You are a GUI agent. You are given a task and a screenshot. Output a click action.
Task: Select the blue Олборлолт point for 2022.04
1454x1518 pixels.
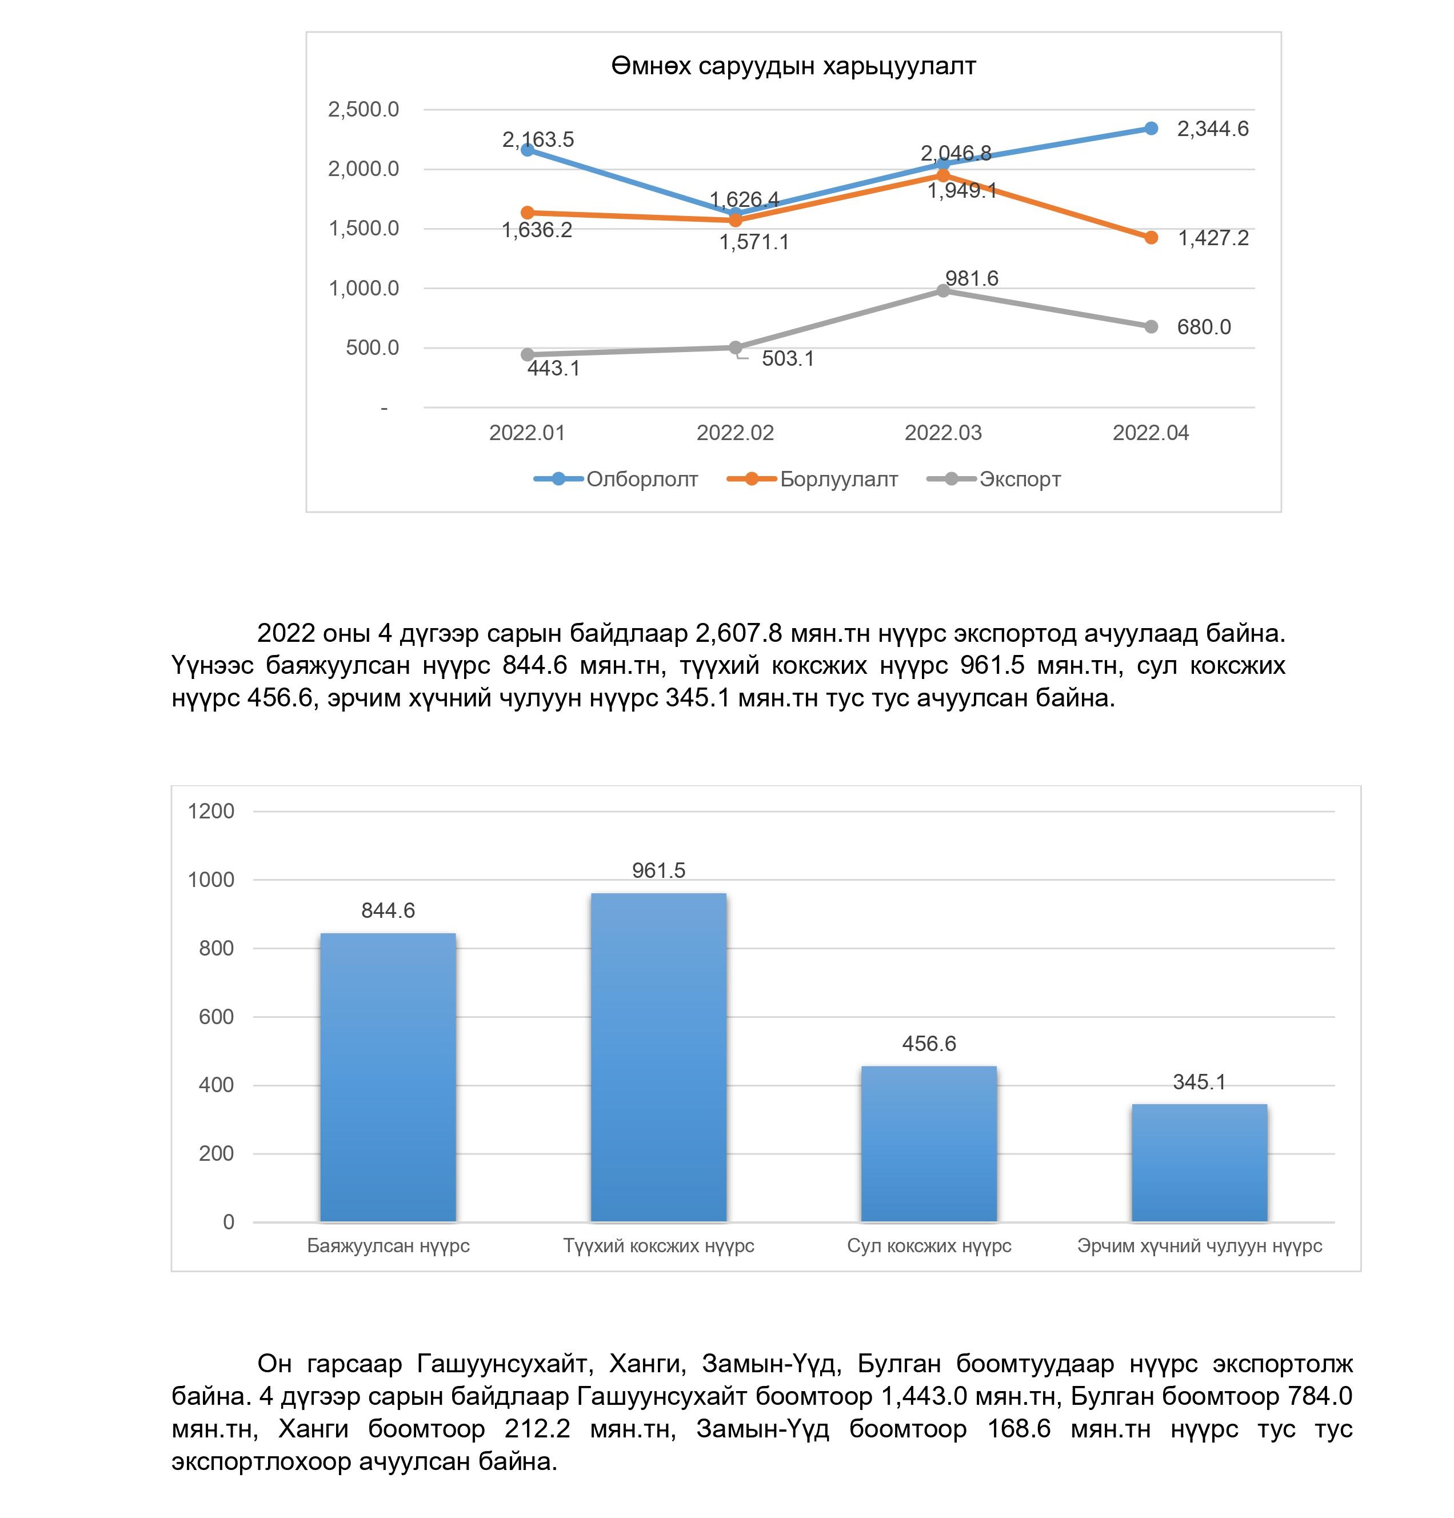click(x=1151, y=129)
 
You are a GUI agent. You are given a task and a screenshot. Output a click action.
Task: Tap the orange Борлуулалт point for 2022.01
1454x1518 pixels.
click(x=528, y=212)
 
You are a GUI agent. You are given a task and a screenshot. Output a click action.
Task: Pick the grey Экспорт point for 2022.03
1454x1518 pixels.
click(x=942, y=290)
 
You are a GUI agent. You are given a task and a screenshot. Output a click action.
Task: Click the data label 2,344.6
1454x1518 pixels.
click(x=1212, y=129)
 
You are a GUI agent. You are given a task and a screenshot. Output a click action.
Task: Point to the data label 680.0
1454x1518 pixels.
click(x=1203, y=327)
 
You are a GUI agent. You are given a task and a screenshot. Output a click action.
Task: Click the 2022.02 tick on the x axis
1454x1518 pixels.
click(x=734, y=433)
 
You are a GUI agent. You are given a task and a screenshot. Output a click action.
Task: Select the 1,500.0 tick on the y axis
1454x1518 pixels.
click(x=363, y=229)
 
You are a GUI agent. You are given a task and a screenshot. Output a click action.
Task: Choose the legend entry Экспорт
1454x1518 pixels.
click(x=1018, y=480)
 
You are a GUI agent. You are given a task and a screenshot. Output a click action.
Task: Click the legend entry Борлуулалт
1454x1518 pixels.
click(x=838, y=480)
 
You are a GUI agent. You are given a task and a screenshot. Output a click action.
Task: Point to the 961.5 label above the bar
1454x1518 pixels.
click(x=658, y=870)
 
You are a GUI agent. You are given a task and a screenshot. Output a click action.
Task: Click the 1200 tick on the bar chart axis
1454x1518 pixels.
click(x=211, y=812)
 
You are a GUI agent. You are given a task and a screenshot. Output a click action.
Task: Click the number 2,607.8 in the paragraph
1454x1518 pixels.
click(x=739, y=633)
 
